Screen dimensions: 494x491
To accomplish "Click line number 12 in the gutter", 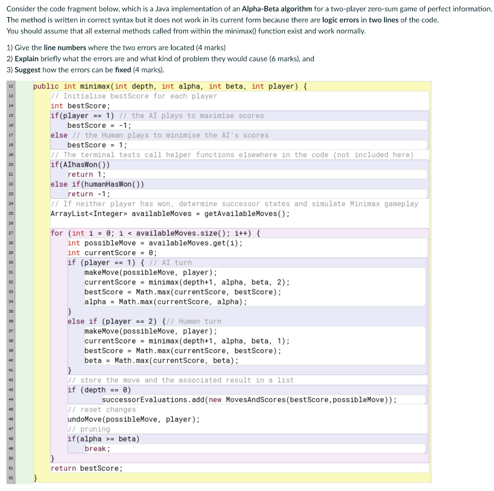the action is (x=11, y=86).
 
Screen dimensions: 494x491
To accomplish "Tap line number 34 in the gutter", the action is (x=11, y=302).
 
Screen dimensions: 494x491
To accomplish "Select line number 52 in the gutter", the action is (x=11, y=478).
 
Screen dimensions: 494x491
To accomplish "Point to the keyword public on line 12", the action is (x=46, y=86).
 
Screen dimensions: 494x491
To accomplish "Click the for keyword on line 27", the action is (x=57, y=233).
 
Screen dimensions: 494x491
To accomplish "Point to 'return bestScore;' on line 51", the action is (x=87, y=468).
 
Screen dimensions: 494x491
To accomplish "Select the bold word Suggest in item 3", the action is (x=27, y=70).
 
